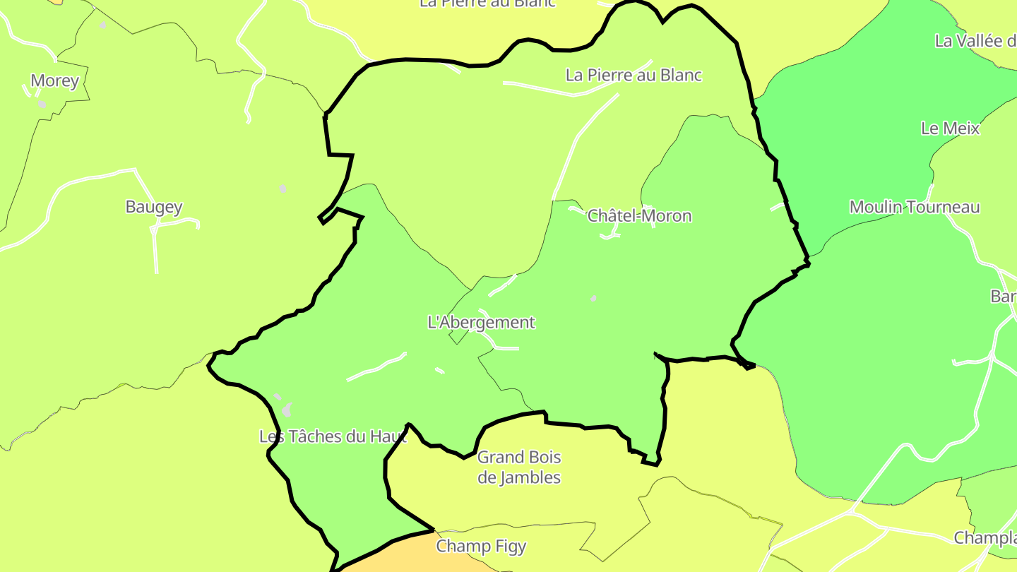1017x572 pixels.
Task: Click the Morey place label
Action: tap(55, 81)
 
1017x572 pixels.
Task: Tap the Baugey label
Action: tap(153, 207)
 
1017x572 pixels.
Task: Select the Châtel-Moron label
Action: tap(639, 216)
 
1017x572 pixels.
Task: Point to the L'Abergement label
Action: tap(482, 323)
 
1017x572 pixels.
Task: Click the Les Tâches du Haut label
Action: tap(333, 436)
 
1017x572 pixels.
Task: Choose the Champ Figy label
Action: tap(481, 546)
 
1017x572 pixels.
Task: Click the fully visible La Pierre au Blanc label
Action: tap(634, 76)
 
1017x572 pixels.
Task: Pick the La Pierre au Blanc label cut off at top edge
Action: tap(487, 3)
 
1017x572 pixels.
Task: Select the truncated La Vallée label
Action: tap(975, 41)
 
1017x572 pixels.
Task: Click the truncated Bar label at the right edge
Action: tap(1003, 297)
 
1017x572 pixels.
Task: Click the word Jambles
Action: tap(519, 478)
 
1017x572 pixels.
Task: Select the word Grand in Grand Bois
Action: tap(498, 458)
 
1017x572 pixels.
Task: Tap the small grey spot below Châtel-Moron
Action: tap(593, 298)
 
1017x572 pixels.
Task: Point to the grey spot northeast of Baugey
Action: tap(282, 189)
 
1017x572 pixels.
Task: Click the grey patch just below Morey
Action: tap(42, 105)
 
